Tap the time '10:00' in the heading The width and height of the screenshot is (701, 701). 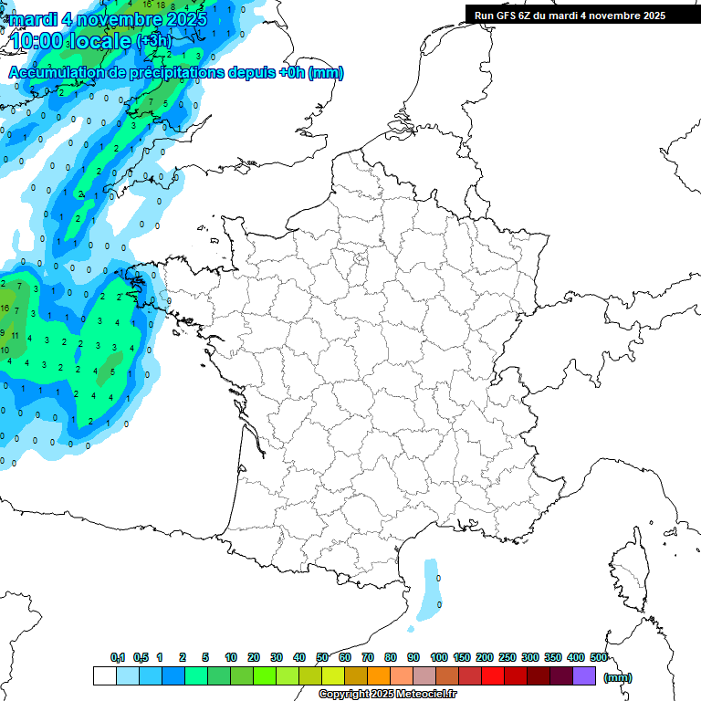click(40, 41)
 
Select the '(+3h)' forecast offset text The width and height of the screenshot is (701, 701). click(153, 41)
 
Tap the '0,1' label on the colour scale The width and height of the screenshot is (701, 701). click(118, 657)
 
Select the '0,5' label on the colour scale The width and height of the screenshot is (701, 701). click(141, 657)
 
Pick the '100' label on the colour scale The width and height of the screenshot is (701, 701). click(438, 657)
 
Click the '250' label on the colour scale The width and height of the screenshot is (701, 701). click(507, 657)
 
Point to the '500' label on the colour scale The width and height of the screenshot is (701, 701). click(599, 657)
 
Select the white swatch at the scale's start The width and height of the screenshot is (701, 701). click(104, 675)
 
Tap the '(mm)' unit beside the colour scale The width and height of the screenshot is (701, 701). click(618, 677)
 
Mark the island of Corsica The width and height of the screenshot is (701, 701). click(629, 575)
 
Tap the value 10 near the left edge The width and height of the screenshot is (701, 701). click(5, 350)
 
